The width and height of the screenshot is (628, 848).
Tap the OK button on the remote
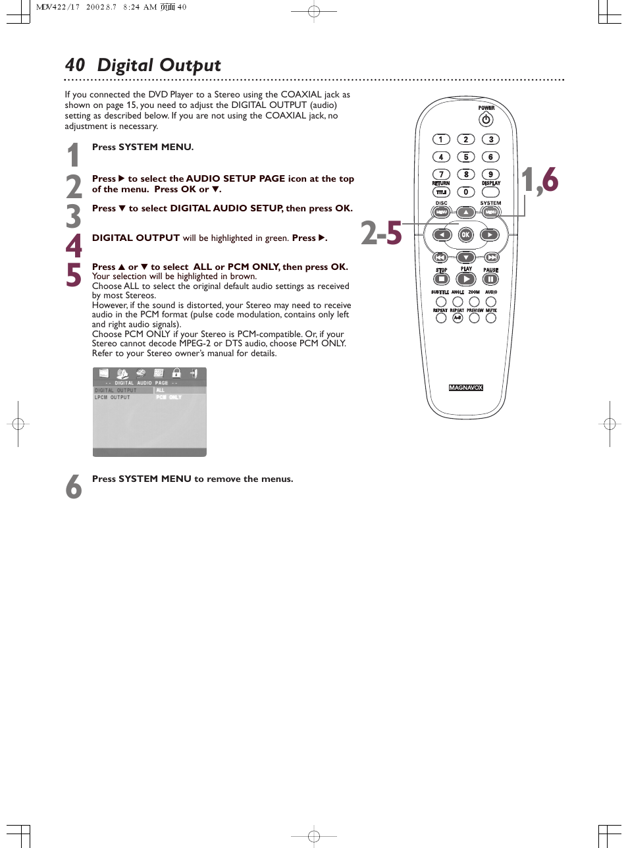[465, 234]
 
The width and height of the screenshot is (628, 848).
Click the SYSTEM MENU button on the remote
[490, 212]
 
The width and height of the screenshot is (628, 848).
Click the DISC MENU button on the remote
[441, 212]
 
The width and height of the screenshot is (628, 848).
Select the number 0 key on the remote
[465, 192]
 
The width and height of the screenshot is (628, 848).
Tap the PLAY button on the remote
[466, 279]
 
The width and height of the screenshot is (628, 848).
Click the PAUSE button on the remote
[490, 279]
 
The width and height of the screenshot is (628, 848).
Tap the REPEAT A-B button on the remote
[458, 318]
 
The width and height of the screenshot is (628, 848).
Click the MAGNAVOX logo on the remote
[466, 388]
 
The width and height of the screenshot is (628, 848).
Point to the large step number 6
[74, 487]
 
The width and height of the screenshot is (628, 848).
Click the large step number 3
[74, 216]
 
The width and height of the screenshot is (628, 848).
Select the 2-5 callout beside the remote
[381, 233]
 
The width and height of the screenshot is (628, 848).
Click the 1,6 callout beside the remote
[540, 180]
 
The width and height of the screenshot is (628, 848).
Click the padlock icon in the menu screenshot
[176, 373]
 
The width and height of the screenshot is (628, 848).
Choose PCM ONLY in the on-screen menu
[169, 398]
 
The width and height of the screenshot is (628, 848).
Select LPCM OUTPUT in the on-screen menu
[113, 398]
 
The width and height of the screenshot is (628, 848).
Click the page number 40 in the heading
[75, 65]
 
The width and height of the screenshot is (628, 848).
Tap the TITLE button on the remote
[441, 192]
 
